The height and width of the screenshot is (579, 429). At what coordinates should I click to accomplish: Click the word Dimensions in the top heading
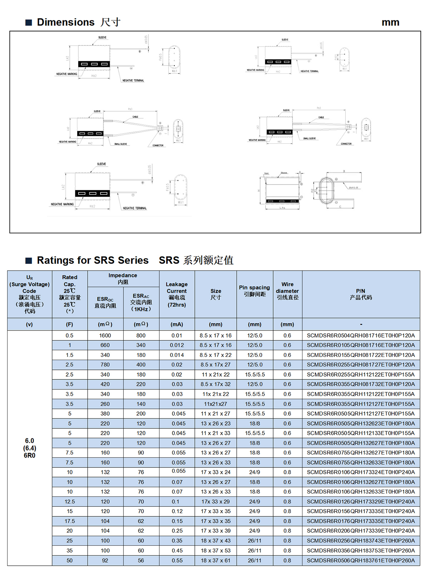tap(66, 22)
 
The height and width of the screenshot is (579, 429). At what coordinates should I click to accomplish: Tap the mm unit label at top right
tap(390, 22)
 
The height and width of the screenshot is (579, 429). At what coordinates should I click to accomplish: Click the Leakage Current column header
tap(177, 294)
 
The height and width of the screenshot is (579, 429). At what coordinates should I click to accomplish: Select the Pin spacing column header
tap(255, 291)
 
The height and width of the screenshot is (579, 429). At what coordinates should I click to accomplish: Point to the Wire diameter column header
tap(287, 291)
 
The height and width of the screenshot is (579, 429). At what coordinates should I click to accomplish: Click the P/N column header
tap(361, 294)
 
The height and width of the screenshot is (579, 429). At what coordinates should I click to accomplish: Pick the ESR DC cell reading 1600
tap(105, 335)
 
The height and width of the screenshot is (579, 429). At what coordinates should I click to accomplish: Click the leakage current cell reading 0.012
tap(177, 345)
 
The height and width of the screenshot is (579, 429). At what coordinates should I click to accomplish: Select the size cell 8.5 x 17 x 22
tap(216, 355)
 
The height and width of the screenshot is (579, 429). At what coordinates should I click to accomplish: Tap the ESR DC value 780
tap(105, 365)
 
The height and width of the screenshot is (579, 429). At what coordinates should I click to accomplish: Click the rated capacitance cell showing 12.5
tap(70, 502)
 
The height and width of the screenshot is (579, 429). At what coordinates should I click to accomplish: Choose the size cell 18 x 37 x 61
tap(216, 560)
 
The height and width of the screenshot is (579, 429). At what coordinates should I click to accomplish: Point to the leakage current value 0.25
tap(177, 531)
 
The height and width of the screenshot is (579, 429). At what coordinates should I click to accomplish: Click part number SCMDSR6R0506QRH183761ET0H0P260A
tap(361, 560)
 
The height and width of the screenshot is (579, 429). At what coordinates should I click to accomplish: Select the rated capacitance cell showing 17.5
tap(70, 521)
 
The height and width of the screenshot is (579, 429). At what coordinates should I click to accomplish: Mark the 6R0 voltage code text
tap(30, 455)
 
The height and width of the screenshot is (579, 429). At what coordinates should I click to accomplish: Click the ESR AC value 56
tap(141, 560)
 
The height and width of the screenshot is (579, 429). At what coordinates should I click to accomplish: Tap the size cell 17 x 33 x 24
tap(216, 472)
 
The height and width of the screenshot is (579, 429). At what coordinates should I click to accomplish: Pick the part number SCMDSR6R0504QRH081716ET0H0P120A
tap(361, 335)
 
